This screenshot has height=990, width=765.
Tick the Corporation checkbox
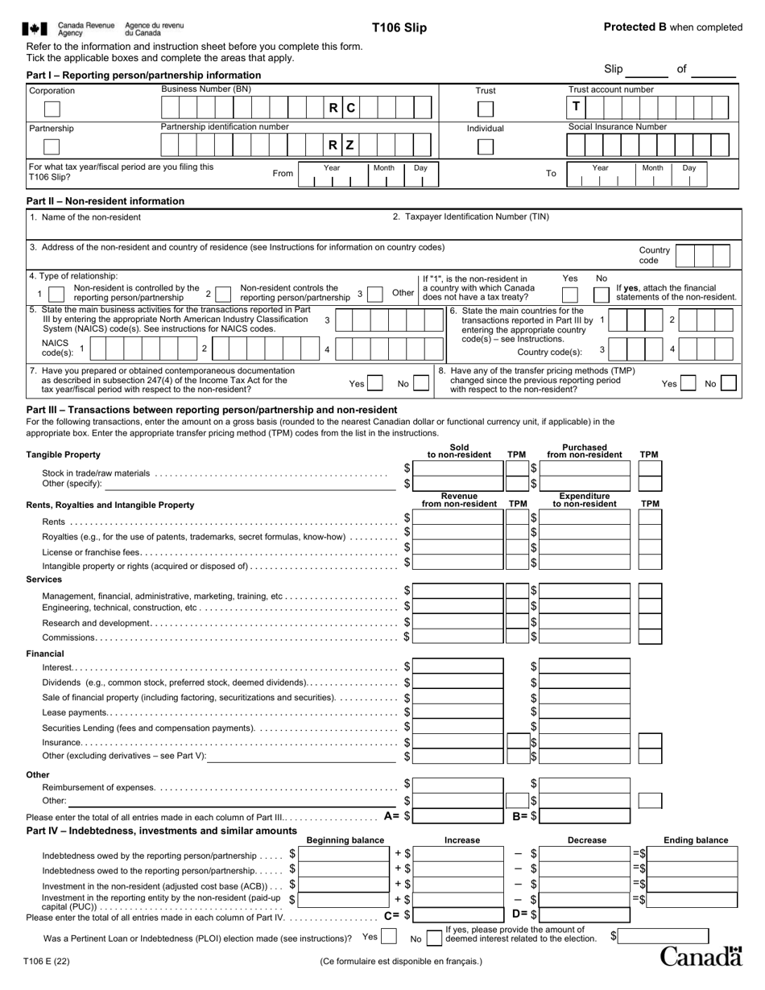tap(52, 109)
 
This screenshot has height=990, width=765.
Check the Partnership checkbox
tap(52, 146)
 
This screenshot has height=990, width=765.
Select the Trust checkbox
tap(486, 109)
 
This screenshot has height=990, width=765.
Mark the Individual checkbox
tap(486, 146)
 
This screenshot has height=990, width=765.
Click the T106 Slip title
tap(399, 28)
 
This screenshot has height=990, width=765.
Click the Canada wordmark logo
tap(701, 956)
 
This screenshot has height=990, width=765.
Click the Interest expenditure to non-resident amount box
tap(585, 666)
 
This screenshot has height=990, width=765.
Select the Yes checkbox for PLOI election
tap(389, 937)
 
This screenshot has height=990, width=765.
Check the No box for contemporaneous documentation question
tap(424, 384)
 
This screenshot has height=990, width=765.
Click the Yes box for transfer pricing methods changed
tap(688, 384)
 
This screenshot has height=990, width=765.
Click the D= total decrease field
tap(585, 914)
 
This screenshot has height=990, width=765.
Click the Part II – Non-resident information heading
tap(105, 201)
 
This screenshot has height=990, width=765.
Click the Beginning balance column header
tap(345, 840)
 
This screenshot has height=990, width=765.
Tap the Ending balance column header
tap(696, 840)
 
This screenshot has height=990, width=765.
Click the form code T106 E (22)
tap(48, 960)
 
